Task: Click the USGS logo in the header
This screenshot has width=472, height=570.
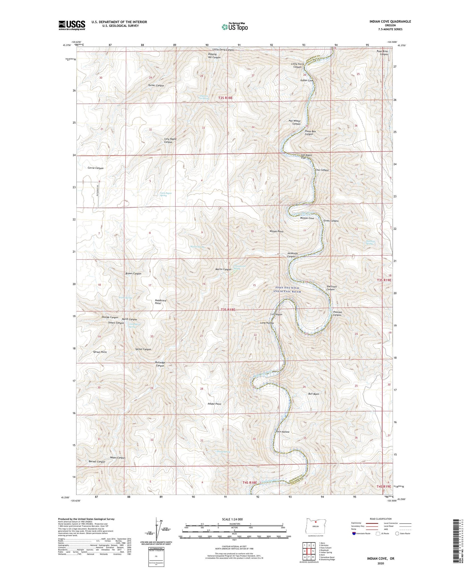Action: click(x=72, y=25)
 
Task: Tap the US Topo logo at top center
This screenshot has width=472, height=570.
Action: click(x=234, y=27)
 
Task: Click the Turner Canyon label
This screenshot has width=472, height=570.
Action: click(x=156, y=86)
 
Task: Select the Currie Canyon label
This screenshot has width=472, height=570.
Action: click(x=95, y=168)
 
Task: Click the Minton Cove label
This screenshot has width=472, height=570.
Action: click(x=307, y=218)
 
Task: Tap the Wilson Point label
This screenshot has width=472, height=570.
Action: click(x=276, y=231)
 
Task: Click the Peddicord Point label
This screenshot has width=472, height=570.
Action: click(x=160, y=302)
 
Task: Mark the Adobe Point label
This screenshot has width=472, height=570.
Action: click(x=214, y=404)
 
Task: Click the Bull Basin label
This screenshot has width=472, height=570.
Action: click(x=313, y=394)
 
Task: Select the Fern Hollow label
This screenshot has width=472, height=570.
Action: click(x=282, y=432)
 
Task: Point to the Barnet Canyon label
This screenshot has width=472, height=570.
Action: click(x=97, y=462)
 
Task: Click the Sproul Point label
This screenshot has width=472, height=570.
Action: click(x=100, y=352)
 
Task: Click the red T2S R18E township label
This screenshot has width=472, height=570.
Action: click(x=225, y=98)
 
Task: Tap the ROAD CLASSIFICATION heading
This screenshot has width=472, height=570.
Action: click(x=381, y=519)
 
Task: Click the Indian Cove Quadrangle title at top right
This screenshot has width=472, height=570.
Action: click(x=390, y=21)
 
